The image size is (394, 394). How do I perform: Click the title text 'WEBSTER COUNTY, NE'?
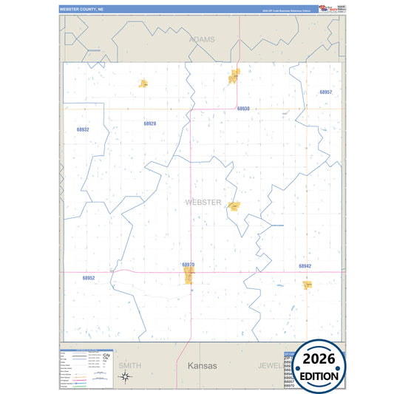coord(84,9)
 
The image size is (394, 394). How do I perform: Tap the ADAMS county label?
coord(202,38)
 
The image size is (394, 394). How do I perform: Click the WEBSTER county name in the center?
coord(203,202)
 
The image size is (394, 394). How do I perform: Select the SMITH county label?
coord(129,365)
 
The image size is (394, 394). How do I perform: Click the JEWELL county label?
coord(271,365)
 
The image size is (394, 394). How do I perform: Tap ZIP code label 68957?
coord(325,92)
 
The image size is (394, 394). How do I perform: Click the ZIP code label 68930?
coord(243,109)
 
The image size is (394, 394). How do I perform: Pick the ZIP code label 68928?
coord(149,123)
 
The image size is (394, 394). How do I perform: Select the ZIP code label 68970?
coord(188,264)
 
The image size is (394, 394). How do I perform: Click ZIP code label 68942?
coord(305,265)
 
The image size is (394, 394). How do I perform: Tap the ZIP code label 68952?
coord(89,278)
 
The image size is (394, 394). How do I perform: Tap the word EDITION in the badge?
coord(319,376)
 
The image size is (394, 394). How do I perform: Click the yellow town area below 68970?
coord(189,276)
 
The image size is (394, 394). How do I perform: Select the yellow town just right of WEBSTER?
coord(234,206)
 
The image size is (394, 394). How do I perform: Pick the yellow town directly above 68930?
coord(235,75)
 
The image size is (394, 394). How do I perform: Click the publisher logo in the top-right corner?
coord(327,9)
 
